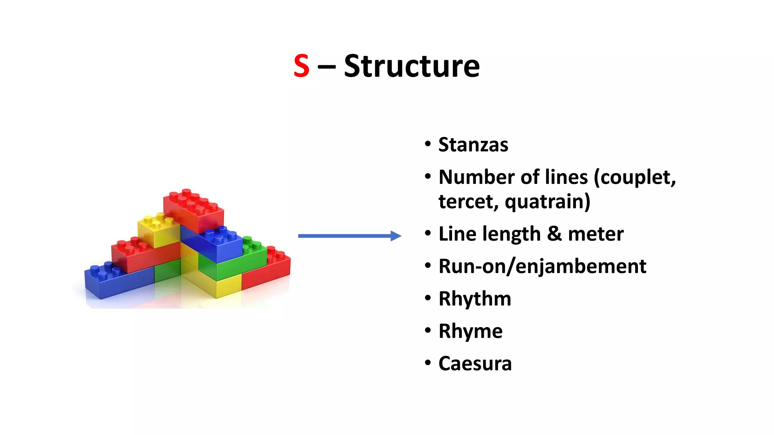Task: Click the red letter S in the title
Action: coord(301,66)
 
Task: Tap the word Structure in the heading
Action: coord(412,66)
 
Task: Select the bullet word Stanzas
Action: coord(473,145)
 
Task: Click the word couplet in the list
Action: coord(635,177)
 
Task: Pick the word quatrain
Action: coord(547,202)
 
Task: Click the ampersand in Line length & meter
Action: coord(554,234)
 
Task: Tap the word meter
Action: coord(596,234)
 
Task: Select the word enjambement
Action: coord(580,267)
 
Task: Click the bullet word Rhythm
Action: coord(475,299)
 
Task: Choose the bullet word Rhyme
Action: coord(471,331)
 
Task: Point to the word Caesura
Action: coord(475,364)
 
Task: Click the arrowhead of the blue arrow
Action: coord(396,236)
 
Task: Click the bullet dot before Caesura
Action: coord(427,363)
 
